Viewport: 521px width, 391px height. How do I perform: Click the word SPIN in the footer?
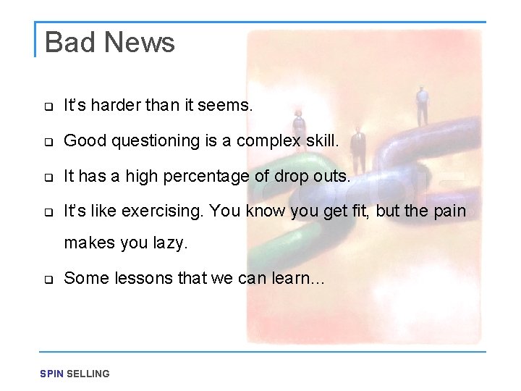(51, 374)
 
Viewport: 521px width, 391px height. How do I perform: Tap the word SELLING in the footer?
(88, 374)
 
